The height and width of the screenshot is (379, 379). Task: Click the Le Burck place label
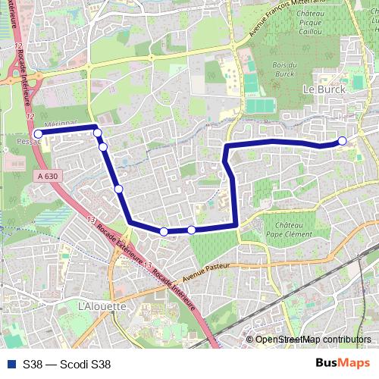pos(324,89)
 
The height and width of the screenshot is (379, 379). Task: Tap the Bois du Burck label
pos(283,70)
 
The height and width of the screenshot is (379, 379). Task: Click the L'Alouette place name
pos(102,306)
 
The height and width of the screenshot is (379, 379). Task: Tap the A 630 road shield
pos(45,176)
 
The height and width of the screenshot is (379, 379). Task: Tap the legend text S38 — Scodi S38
pos(67,364)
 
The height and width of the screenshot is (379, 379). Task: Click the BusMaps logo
pos(343,363)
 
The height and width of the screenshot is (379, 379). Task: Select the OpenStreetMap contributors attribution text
pos(313,340)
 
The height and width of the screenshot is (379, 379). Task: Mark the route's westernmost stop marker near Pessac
pos(38,133)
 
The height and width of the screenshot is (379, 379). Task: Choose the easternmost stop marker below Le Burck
pos(343,140)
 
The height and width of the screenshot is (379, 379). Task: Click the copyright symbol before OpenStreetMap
pos(250,340)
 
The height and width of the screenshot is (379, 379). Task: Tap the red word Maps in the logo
pos(355,363)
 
